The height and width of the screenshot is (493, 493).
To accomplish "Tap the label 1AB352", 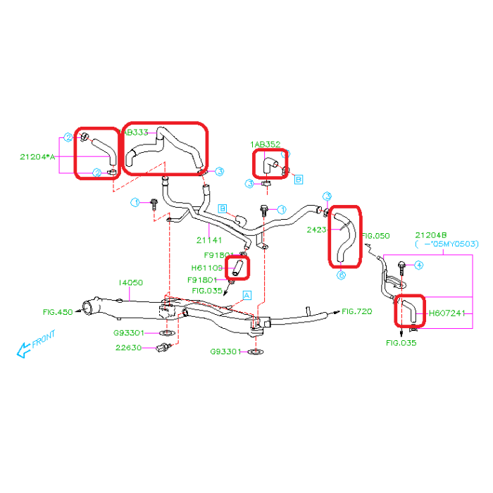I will click(x=265, y=144).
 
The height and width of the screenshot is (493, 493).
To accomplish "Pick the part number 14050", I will click(x=130, y=282).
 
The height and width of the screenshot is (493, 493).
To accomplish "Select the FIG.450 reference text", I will click(x=58, y=310).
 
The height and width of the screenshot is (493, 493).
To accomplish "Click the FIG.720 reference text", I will click(x=357, y=311).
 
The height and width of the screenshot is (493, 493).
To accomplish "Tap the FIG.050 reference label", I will click(x=375, y=236).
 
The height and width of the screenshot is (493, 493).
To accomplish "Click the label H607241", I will click(x=448, y=313).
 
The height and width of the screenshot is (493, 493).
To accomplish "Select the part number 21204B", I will click(x=431, y=235).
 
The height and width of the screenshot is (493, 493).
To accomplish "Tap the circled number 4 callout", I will click(x=418, y=266).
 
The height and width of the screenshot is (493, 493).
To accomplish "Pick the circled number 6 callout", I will click(x=341, y=275).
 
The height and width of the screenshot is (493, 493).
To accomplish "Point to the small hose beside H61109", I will click(x=237, y=267).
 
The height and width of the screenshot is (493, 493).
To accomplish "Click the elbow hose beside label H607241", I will click(x=407, y=311).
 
